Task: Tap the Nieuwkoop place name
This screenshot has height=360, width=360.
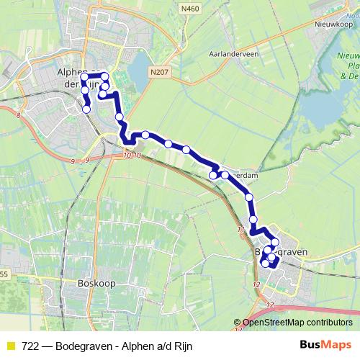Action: pyautogui.click(x=333, y=23)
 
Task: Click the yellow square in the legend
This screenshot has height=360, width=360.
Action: pyautogui.click(x=10, y=346)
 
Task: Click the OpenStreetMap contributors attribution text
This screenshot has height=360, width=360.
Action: pyautogui.click(x=297, y=322)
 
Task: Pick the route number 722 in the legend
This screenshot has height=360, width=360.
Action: pyautogui.click(x=30, y=346)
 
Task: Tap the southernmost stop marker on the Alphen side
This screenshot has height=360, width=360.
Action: pyautogui.click(x=87, y=109)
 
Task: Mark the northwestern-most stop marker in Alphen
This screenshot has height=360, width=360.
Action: pyautogui.click(x=84, y=76)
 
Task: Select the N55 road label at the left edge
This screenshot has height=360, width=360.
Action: pyautogui.click(x=4, y=274)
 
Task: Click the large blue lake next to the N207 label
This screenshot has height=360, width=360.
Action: pyautogui.click(x=136, y=72)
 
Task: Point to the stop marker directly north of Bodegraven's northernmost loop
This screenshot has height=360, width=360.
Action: pyautogui.click(x=253, y=220)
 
